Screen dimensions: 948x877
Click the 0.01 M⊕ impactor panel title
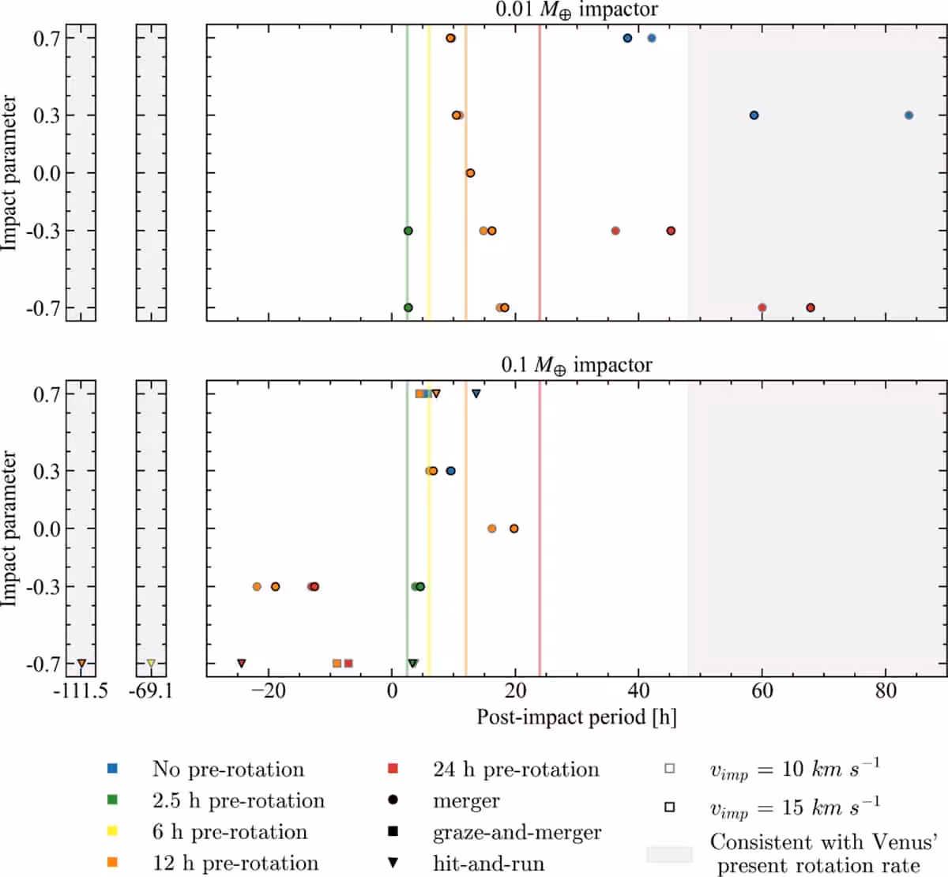pos(577,9)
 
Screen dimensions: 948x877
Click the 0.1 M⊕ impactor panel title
pos(577,365)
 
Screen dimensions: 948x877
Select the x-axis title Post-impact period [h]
pos(577,717)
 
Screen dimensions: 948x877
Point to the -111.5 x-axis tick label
pos(81,691)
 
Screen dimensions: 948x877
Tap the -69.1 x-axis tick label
pos(151,691)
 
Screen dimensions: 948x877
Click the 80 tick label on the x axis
pos(886,691)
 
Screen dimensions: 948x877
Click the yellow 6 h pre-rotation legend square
pos(112,831)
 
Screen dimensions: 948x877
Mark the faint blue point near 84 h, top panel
pos(908,115)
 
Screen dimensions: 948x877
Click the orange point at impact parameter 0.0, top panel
pos(470,173)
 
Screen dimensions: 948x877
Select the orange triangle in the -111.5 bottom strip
pos(81,663)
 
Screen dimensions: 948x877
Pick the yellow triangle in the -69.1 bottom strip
pos(151,663)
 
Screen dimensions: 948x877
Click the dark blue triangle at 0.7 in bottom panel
pos(476,394)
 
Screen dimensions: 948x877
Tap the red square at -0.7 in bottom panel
pos(348,663)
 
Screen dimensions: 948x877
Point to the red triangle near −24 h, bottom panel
pos(242,663)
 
